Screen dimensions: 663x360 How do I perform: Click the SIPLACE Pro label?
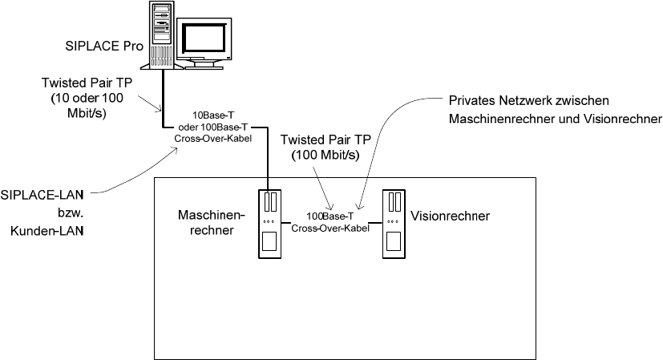(x=104, y=47)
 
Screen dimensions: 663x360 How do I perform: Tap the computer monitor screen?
(x=203, y=38)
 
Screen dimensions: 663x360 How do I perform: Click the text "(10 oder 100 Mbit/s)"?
(x=87, y=106)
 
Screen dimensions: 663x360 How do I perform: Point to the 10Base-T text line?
(x=213, y=115)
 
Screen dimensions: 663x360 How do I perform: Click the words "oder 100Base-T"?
(x=212, y=127)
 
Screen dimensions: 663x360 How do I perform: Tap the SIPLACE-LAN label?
(x=42, y=195)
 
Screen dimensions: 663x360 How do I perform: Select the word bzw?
(x=71, y=212)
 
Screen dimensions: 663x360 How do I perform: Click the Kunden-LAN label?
(x=46, y=231)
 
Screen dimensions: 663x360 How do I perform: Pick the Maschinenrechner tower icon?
(x=269, y=224)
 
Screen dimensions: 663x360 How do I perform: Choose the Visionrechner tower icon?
(x=394, y=224)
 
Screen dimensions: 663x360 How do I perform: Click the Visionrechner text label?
(x=450, y=216)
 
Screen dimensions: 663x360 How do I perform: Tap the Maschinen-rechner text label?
(x=212, y=223)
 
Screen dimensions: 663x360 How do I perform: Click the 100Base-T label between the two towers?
(x=329, y=216)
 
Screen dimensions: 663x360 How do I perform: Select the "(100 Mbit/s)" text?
(x=325, y=156)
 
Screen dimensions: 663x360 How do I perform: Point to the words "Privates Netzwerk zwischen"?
(x=528, y=101)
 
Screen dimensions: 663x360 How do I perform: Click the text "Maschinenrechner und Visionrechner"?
(x=556, y=119)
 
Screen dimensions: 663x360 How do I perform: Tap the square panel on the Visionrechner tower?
(x=394, y=241)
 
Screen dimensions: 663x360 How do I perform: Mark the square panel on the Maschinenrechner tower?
(x=269, y=241)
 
